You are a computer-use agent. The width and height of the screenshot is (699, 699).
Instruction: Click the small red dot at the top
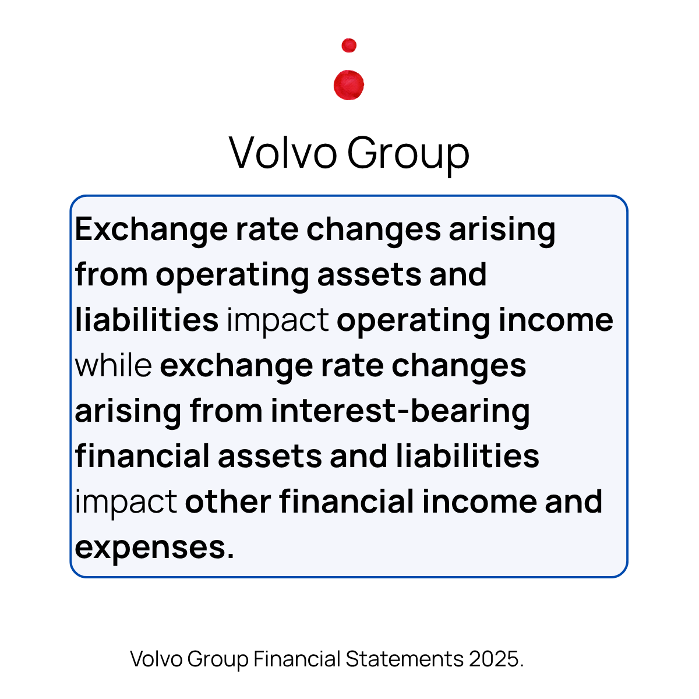349,45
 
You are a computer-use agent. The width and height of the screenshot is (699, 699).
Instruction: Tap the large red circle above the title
349,85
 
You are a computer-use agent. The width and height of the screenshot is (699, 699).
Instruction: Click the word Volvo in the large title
283,153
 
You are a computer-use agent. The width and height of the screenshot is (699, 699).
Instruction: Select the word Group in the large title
408,154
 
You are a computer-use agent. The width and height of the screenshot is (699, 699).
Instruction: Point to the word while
114,366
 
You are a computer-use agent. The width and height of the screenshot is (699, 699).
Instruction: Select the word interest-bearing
400,411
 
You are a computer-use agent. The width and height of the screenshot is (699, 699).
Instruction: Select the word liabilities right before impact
147,320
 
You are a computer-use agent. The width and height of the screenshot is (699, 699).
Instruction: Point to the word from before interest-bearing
226,411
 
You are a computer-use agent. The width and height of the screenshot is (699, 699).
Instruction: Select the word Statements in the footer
404,659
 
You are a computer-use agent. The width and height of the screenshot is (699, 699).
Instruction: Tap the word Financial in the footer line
296,659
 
